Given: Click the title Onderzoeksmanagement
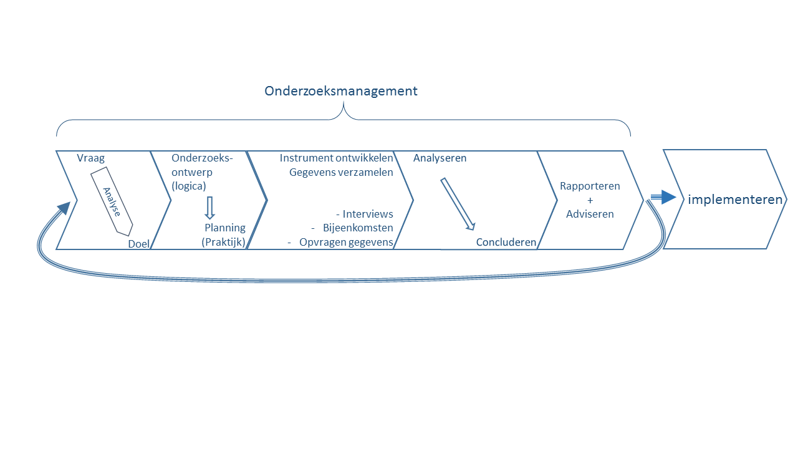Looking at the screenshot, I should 341,91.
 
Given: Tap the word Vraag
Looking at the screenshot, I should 90,158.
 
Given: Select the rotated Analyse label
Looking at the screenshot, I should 112,202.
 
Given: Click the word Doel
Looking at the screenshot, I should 138,244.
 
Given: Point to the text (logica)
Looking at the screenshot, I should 189,186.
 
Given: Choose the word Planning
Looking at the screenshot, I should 225,228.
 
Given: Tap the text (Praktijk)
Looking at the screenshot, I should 224,242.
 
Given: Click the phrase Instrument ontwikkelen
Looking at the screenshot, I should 337,158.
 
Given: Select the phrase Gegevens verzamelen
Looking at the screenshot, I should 341,172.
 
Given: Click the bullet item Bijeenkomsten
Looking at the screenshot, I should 358,228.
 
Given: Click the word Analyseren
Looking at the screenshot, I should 440,158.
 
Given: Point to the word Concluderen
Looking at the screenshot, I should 506,242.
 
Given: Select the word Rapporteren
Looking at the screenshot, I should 590,186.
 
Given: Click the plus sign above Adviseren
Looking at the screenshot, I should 590,200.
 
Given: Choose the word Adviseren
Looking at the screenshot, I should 590,214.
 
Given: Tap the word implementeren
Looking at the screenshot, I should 735,200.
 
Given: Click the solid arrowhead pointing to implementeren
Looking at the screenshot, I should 668,198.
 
